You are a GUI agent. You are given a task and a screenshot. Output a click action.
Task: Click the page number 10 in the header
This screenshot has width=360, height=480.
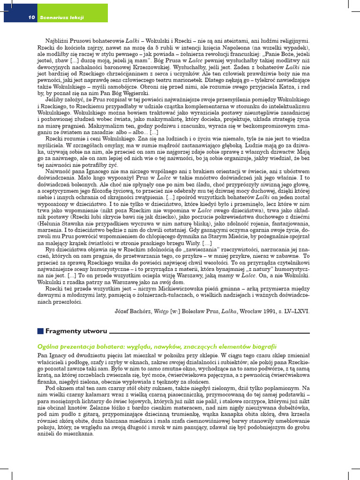point(32,18)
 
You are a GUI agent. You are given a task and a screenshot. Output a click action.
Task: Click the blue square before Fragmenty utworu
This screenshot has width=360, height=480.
point(40,331)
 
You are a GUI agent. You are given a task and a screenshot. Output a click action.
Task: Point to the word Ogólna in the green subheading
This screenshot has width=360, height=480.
point(47,346)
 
